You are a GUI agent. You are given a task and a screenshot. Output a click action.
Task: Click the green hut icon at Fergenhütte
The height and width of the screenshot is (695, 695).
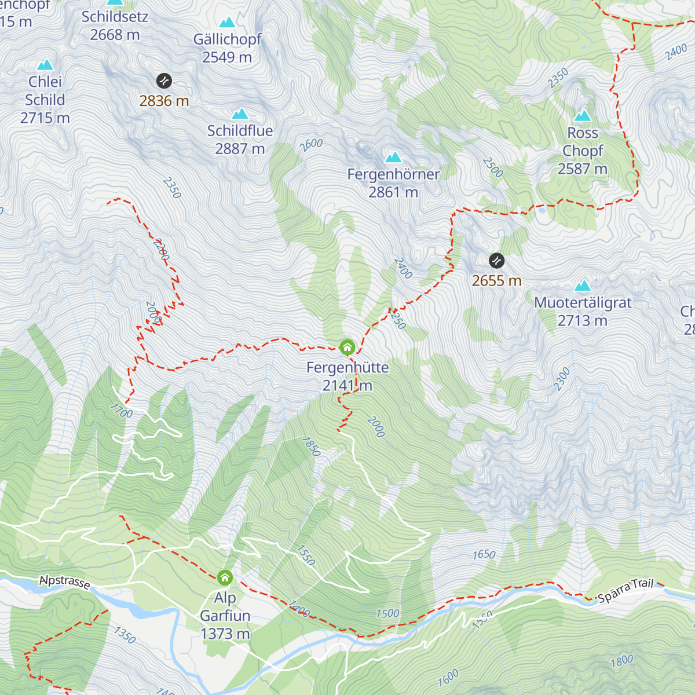(x=347, y=347)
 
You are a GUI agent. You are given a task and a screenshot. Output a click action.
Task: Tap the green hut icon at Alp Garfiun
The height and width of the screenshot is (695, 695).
(x=225, y=577)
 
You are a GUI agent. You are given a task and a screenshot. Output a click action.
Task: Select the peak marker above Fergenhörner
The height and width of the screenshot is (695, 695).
(x=393, y=157)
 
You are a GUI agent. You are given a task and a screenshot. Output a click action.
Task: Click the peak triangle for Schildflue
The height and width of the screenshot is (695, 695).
(x=240, y=114)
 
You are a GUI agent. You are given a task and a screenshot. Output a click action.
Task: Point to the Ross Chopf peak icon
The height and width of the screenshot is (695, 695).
(x=582, y=116)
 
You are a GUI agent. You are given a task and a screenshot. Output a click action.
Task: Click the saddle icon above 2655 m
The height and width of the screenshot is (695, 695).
(x=496, y=261)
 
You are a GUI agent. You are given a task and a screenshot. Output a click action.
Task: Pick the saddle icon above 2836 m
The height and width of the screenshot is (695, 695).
(x=164, y=81)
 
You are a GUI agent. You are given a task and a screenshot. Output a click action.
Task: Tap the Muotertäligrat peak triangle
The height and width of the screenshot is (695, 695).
(x=582, y=286)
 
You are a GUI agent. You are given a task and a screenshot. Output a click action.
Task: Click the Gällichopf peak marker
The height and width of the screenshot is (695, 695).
(x=227, y=23)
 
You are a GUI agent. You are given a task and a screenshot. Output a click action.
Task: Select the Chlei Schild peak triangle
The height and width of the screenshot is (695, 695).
(x=45, y=65)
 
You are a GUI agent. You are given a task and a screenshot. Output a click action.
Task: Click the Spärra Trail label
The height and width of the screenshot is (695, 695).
(x=625, y=591)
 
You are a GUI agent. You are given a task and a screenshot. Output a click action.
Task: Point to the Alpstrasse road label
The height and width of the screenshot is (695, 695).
(x=65, y=581)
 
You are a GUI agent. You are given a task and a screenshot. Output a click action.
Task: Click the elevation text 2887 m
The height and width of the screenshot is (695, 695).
(x=240, y=149)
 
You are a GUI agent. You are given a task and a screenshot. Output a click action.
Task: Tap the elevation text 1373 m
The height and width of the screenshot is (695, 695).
(x=225, y=634)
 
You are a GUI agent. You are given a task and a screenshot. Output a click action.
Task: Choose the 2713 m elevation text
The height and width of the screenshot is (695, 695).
(x=582, y=320)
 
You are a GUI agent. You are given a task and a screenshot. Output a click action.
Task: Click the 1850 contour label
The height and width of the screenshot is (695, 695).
(x=311, y=446)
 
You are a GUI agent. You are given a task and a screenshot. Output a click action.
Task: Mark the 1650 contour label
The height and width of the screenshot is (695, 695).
(x=484, y=555)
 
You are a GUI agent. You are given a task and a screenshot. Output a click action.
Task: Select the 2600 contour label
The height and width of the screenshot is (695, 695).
(x=311, y=144)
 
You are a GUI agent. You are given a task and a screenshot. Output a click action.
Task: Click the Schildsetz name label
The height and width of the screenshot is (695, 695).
(x=115, y=17)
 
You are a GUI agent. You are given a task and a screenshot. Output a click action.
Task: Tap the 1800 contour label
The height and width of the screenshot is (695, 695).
(x=621, y=661)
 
